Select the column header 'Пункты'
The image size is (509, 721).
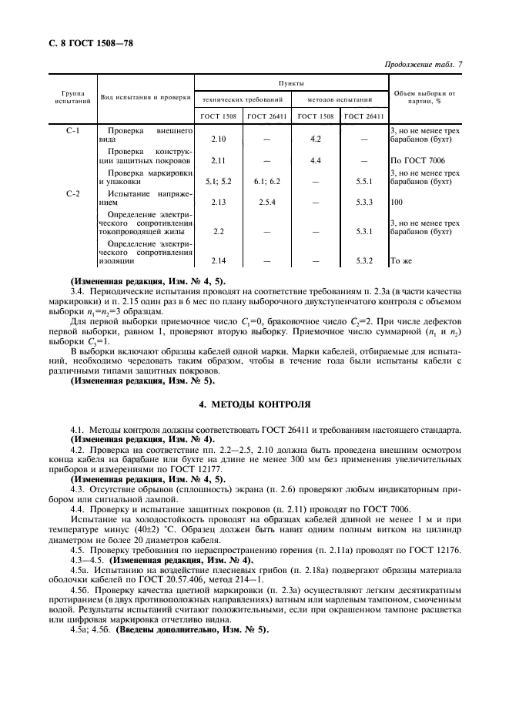coord(290,82)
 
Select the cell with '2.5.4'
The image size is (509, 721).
coord(266,203)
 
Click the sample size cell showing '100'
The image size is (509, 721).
coord(397,203)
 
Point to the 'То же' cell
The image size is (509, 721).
coord(402,261)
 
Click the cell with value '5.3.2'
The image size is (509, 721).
coord(363,261)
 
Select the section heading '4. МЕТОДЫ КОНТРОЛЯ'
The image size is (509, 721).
coord(254,403)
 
